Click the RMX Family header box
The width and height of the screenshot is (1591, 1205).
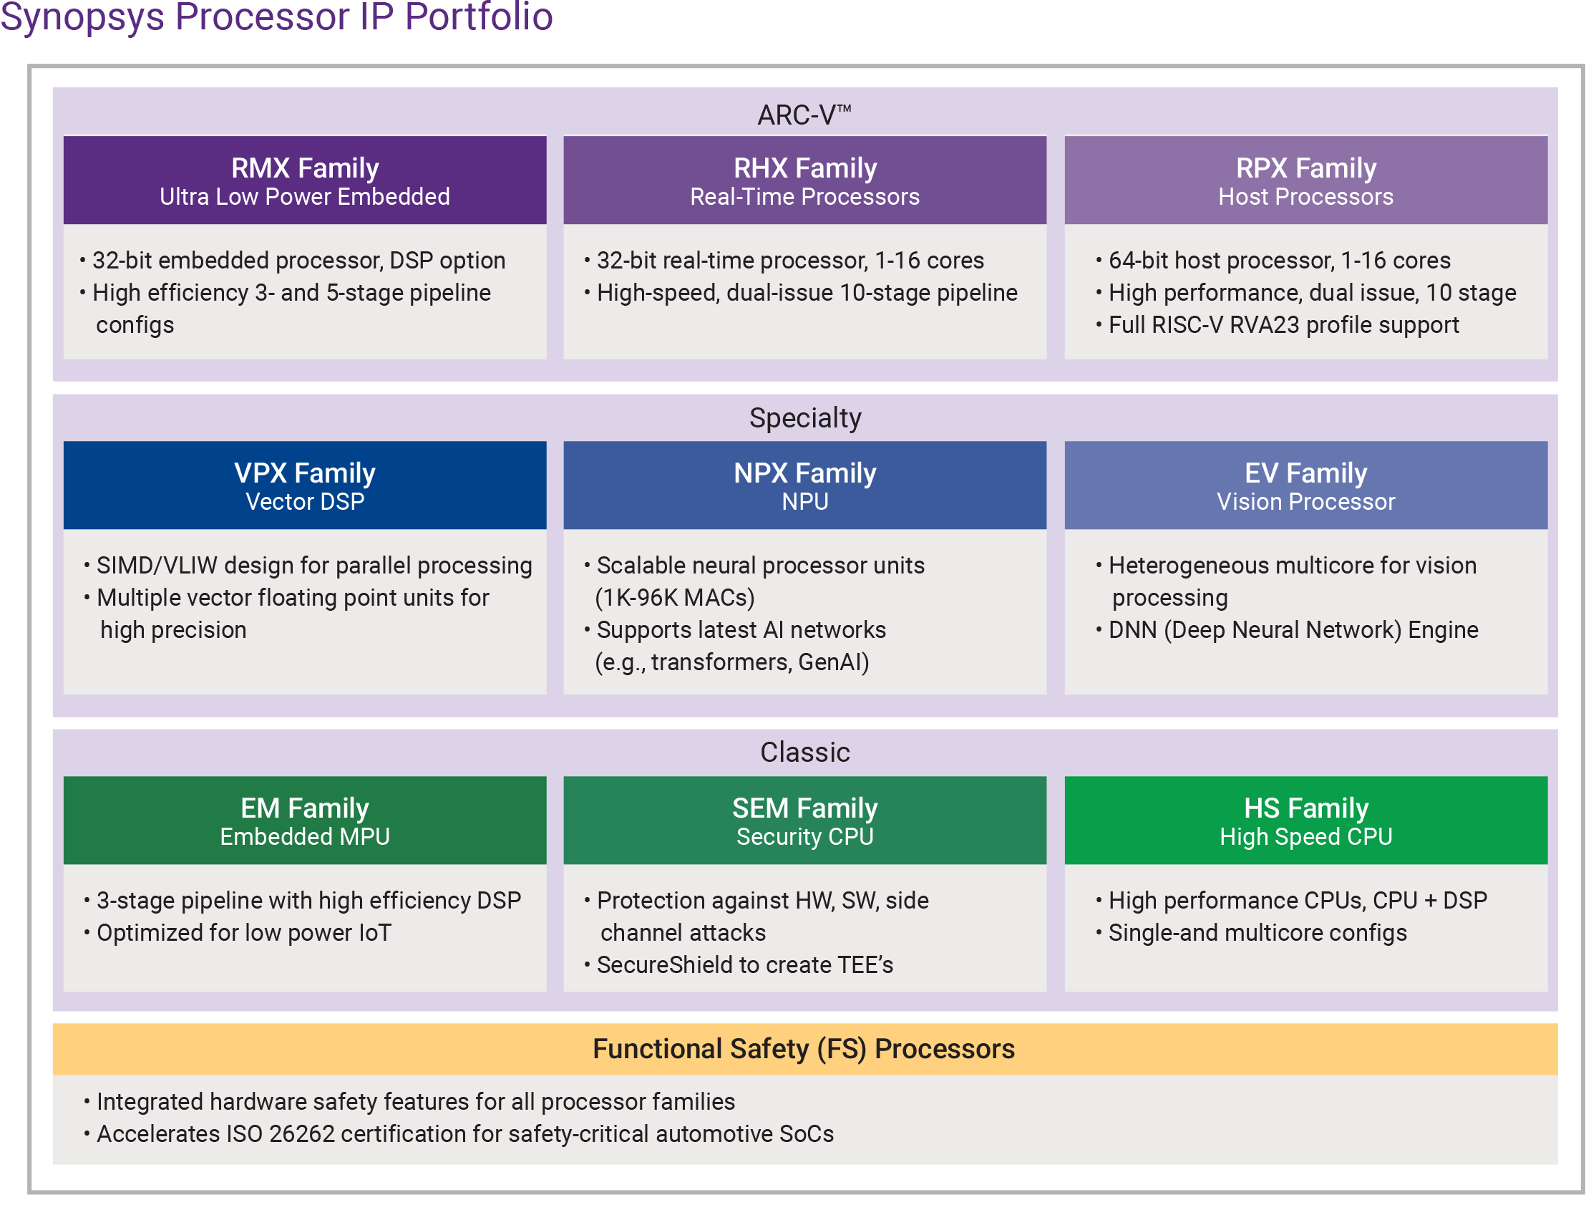point(304,180)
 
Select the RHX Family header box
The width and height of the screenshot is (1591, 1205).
point(804,180)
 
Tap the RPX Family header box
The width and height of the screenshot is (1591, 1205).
point(1305,180)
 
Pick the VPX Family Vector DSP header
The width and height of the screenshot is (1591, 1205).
point(304,485)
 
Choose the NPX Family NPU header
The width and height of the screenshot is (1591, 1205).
point(804,485)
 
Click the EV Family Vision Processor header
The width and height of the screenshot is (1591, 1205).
point(1305,485)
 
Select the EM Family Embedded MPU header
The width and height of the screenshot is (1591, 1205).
point(304,820)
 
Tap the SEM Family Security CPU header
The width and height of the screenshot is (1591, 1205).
point(804,820)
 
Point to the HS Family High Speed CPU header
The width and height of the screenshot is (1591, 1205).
point(1305,820)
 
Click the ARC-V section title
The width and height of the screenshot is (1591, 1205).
point(804,115)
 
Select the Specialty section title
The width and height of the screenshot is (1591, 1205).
point(805,418)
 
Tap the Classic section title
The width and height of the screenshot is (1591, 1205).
point(805,752)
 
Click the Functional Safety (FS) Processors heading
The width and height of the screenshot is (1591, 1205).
point(804,1049)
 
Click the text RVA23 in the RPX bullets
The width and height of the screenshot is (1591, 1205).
point(1265,325)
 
